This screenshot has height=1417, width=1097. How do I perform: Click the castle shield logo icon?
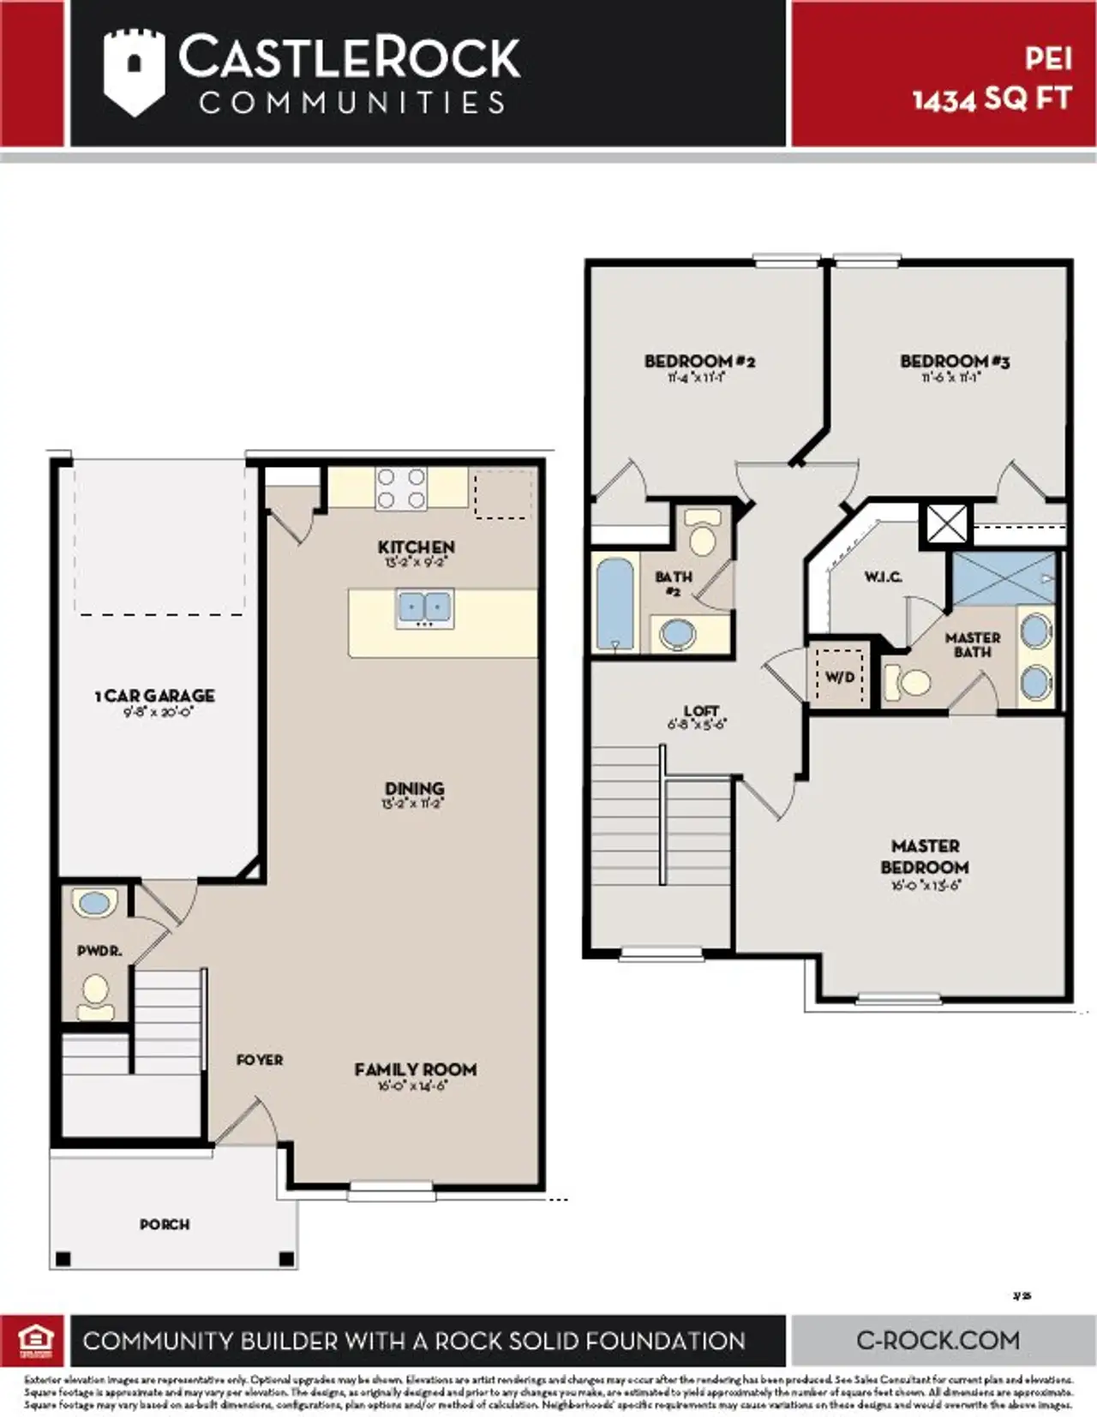[133, 73]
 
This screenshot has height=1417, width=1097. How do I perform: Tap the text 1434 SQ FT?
[992, 99]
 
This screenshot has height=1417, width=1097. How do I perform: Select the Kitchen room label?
[417, 547]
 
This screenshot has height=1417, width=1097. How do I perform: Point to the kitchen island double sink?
[424, 608]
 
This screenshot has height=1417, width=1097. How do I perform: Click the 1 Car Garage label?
[155, 696]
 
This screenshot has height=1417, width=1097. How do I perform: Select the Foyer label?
[260, 1061]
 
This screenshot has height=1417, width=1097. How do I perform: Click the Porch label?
[165, 1224]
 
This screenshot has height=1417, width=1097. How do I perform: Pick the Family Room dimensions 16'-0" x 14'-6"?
[415, 1085]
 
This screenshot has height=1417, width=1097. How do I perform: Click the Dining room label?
[415, 788]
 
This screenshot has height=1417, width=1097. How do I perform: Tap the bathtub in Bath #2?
[614, 603]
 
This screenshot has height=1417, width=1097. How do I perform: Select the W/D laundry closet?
[840, 677]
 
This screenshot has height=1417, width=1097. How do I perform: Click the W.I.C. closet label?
[883, 577]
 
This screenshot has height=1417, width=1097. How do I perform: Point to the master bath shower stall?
[1004, 578]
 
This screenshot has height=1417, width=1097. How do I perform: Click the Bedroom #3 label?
[955, 362]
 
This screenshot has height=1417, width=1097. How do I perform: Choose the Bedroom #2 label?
[699, 362]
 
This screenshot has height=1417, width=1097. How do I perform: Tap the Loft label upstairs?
[701, 710]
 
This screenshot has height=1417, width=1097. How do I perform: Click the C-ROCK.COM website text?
[938, 1340]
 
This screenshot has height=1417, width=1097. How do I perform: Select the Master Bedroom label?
[925, 856]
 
